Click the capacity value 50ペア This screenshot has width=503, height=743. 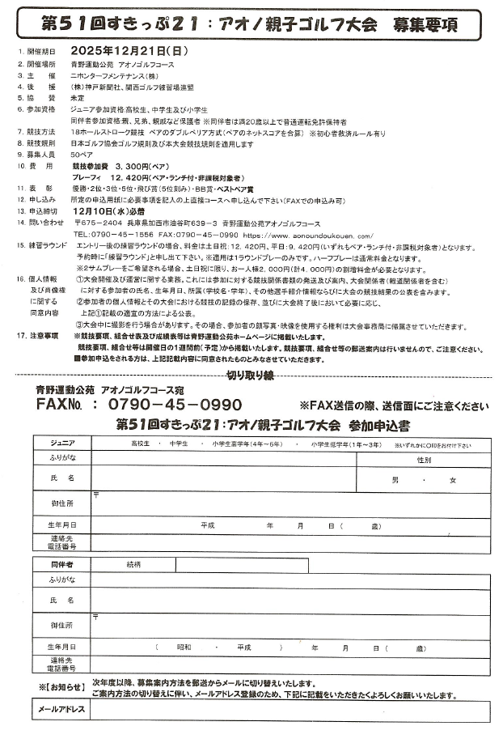(x=82, y=153)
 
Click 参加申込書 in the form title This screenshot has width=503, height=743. (x=378, y=425)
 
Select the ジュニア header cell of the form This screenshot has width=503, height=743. (x=61, y=444)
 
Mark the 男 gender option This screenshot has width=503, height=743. (x=395, y=479)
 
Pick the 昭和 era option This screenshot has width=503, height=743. (x=185, y=647)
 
